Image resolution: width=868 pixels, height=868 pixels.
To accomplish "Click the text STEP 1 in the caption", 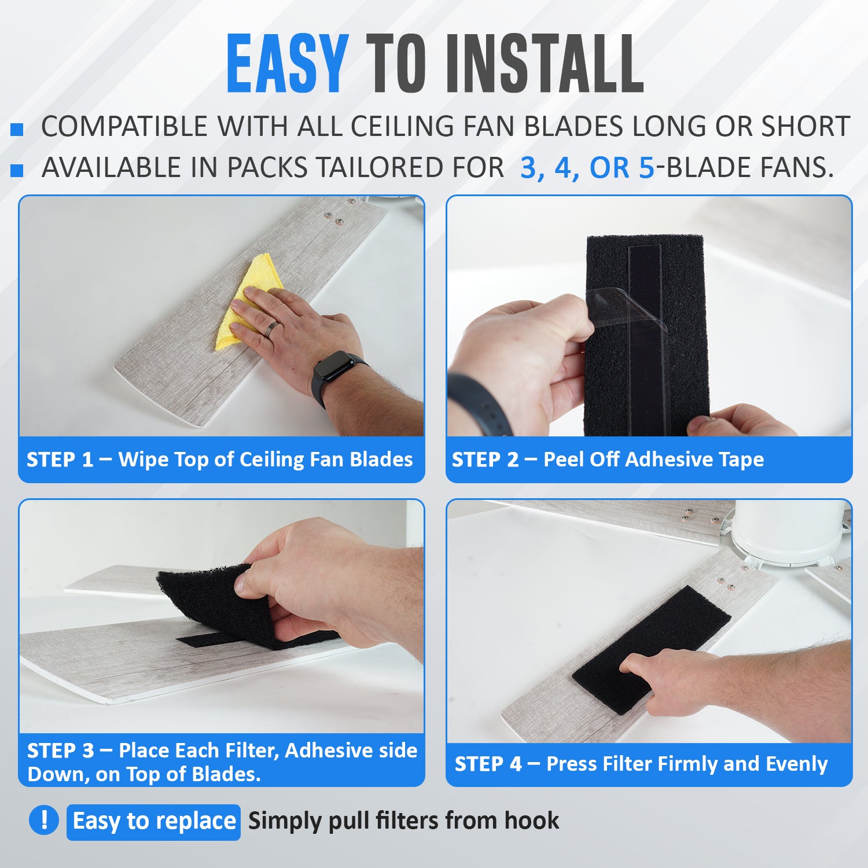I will click(x=60, y=459).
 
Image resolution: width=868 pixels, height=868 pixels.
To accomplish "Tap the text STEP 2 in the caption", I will click(x=485, y=459).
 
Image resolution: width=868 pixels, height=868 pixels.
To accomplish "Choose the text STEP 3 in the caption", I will click(x=60, y=751).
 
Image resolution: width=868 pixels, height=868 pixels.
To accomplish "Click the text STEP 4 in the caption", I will click(x=488, y=764).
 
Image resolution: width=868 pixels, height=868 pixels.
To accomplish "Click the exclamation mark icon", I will click(x=44, y=820).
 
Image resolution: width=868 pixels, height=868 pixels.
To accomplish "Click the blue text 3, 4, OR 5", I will click(x=587, y=168).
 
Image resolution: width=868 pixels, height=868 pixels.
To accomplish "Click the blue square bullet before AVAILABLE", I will click(x=17, y=170).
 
